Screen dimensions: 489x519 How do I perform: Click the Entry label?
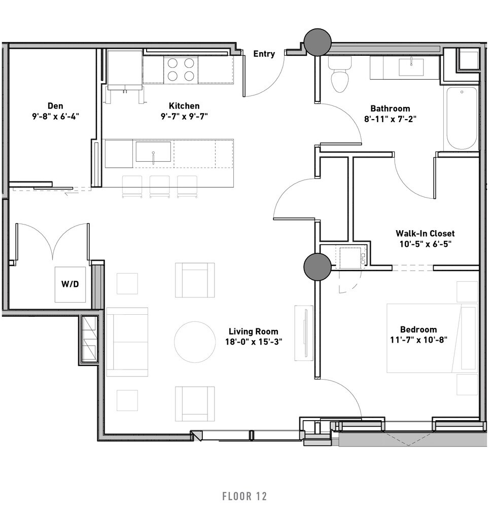pos(264,54)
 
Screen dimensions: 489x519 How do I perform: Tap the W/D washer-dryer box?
pos(70,284)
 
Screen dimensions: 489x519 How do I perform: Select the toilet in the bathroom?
pos(339,75)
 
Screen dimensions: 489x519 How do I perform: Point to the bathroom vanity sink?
pos(411,67)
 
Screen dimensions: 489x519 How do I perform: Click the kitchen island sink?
pos(153,152)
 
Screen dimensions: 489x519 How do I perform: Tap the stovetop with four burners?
pos(181,69)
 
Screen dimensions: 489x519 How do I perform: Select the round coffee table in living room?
pos(195,342)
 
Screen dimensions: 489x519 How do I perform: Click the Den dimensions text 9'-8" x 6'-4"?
pos(56,117)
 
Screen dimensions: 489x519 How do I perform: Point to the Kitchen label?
pos(184,106)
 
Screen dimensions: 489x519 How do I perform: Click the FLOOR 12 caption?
pos(244,496)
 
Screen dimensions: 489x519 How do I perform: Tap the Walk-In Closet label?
pos(425,233)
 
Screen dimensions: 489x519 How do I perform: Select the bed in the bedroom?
pos(432,338)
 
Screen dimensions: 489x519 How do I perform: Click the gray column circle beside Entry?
pos(318,42)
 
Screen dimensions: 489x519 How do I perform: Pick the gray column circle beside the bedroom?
pos(318,267)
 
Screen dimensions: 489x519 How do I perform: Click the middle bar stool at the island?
pos(160,187)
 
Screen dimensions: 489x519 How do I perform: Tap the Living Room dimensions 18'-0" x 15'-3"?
pos(254,342)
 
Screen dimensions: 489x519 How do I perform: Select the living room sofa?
pos(127,342)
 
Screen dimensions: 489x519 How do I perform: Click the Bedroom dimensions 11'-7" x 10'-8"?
pos(419,340)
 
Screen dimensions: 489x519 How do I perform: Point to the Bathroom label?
pos(390,108)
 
